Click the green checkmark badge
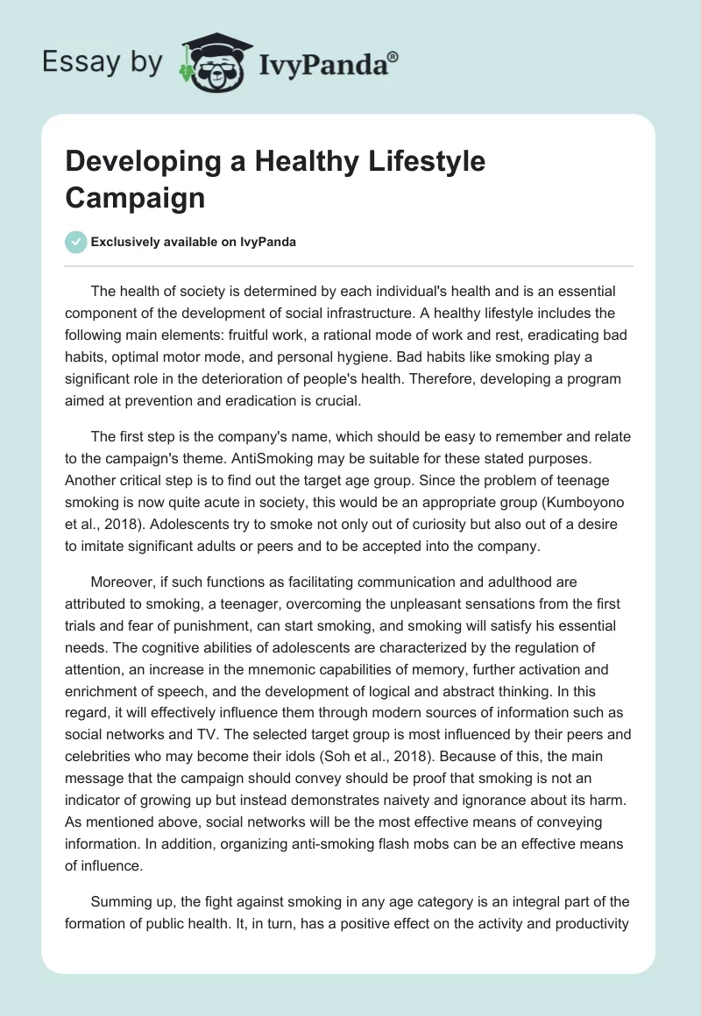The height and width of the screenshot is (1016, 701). pos(76,243)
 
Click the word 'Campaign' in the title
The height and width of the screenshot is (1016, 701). pos(135,197)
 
